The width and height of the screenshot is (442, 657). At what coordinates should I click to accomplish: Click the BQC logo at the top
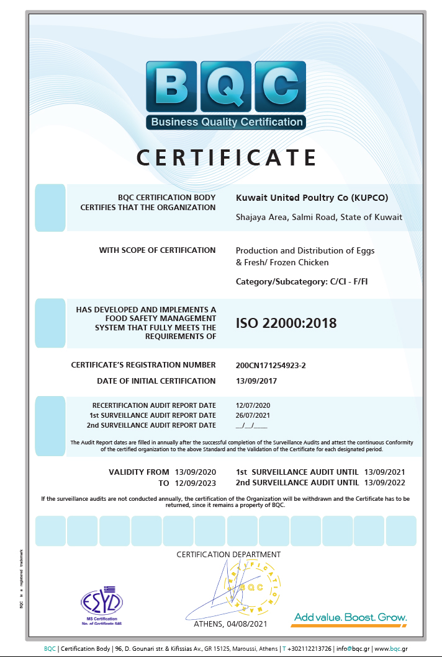226,94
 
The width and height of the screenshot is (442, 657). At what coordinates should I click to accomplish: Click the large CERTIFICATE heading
227,157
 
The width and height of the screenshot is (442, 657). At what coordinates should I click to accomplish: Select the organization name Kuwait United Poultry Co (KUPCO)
312,198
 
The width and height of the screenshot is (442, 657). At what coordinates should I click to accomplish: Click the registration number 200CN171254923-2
271,365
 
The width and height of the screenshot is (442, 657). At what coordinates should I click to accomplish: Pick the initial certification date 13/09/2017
257,381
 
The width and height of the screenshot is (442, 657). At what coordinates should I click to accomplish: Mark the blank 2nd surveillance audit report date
251,425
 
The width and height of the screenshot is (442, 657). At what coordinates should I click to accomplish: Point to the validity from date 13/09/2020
196,472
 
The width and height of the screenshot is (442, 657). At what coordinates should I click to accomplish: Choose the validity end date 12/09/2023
196,482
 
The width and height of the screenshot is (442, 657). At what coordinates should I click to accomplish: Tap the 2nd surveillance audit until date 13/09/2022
385,482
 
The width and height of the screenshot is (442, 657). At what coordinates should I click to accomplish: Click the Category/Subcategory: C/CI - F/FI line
306,281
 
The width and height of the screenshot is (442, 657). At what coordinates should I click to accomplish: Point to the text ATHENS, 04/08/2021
230,624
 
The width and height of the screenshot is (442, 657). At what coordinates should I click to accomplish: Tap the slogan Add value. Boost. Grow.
351,617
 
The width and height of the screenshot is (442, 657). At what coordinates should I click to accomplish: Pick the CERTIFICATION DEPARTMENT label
228,554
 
